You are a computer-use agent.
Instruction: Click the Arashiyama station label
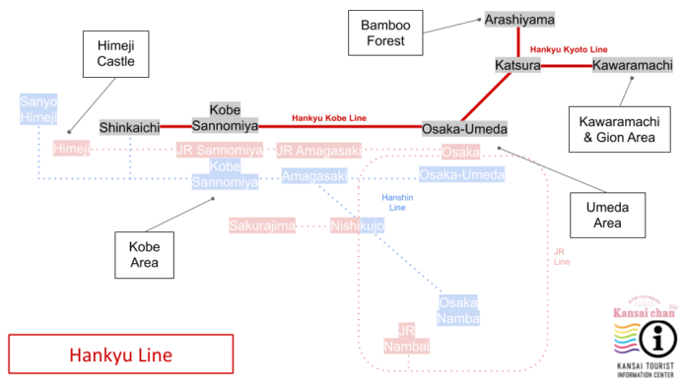point(519,20)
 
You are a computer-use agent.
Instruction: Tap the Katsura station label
point(518,65)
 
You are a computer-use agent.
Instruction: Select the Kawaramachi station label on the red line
point(633,65)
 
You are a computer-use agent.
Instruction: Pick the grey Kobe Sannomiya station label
point(233,118)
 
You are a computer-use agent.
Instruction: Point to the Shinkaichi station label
point(129,128)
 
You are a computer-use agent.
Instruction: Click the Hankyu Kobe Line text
point(329,119)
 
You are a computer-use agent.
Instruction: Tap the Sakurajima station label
point(262,225)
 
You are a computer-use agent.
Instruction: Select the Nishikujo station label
point(357,225)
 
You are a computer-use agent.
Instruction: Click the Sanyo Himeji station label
point(38,109)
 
